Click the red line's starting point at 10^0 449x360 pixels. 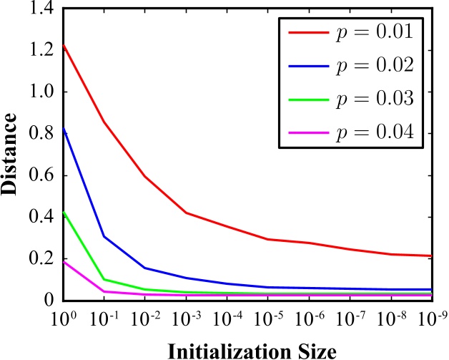pyautogui.click(x=64, y=45)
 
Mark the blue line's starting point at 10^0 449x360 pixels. pyautogui.click(x=64, y=129)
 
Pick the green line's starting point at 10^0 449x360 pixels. pyautogui.click(x=64, y=212)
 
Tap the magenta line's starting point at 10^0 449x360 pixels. pyautogui.click(x=64, y=262)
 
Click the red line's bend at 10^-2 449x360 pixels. pyautogui.click(x=144, y=176)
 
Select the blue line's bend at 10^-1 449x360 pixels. pyautogui.click(x=104, y=236)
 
